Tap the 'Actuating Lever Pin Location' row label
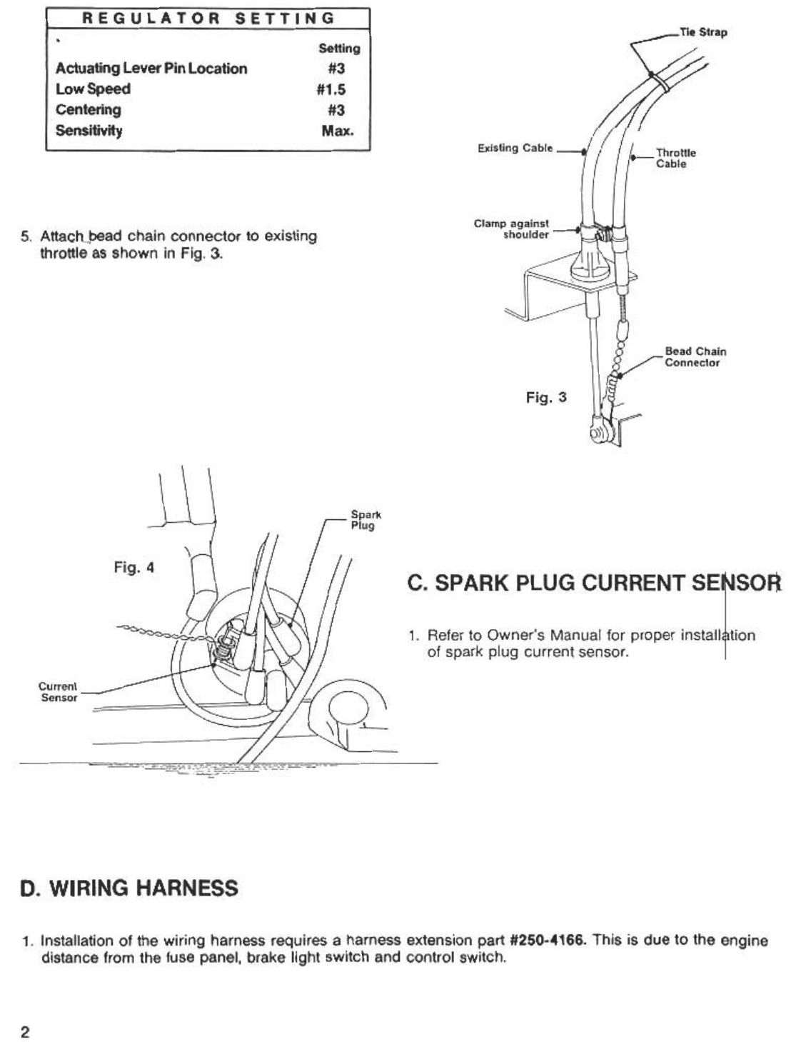(151, 69)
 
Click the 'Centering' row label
(89, 110)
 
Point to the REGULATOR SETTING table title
(208, 19)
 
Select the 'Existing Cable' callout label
(515, 149)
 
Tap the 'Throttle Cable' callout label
(675, 158)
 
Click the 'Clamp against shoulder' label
(511, 229)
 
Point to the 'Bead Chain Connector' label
(695, 357)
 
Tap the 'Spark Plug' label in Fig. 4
(366, 520)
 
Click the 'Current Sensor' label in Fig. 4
(58, 692)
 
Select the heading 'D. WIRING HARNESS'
(129, 888)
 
